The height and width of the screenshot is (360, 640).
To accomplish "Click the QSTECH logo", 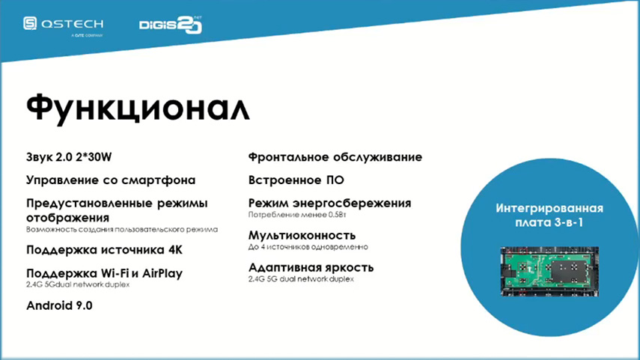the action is tap(64, 26).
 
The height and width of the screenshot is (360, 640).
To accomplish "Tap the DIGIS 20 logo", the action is tap(171, 25).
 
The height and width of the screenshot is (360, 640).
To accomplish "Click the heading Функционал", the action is tap(138, 108).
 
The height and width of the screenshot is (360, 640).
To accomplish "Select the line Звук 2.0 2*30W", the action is tap(69, 157).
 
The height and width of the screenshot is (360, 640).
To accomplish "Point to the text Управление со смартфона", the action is tap(111, 180).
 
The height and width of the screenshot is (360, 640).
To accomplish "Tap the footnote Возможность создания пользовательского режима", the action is tap(122, 229).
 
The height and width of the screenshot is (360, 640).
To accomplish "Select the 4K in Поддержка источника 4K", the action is tap(175, 250).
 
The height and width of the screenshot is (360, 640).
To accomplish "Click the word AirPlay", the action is tap(162, 273).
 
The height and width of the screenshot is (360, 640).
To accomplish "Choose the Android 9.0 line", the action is tap(60, 305).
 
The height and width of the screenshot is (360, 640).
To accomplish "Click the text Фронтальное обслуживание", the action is tap(335, 157).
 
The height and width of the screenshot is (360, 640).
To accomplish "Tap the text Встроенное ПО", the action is tap(296, 180).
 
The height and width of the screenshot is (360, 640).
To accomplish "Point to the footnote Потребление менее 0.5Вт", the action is tap(297, 215).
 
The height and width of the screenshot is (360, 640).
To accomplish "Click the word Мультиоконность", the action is tap(302, 236).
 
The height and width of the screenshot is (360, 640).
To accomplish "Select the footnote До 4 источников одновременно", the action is tap(308, 247).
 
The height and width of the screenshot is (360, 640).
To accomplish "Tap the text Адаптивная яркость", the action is tap(311, 268).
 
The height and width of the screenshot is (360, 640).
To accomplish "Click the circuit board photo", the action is tap(549, 271).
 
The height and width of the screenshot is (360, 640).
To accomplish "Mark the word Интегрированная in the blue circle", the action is tap(549, 208).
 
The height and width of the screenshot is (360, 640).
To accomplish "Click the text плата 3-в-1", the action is tap(549, 222).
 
